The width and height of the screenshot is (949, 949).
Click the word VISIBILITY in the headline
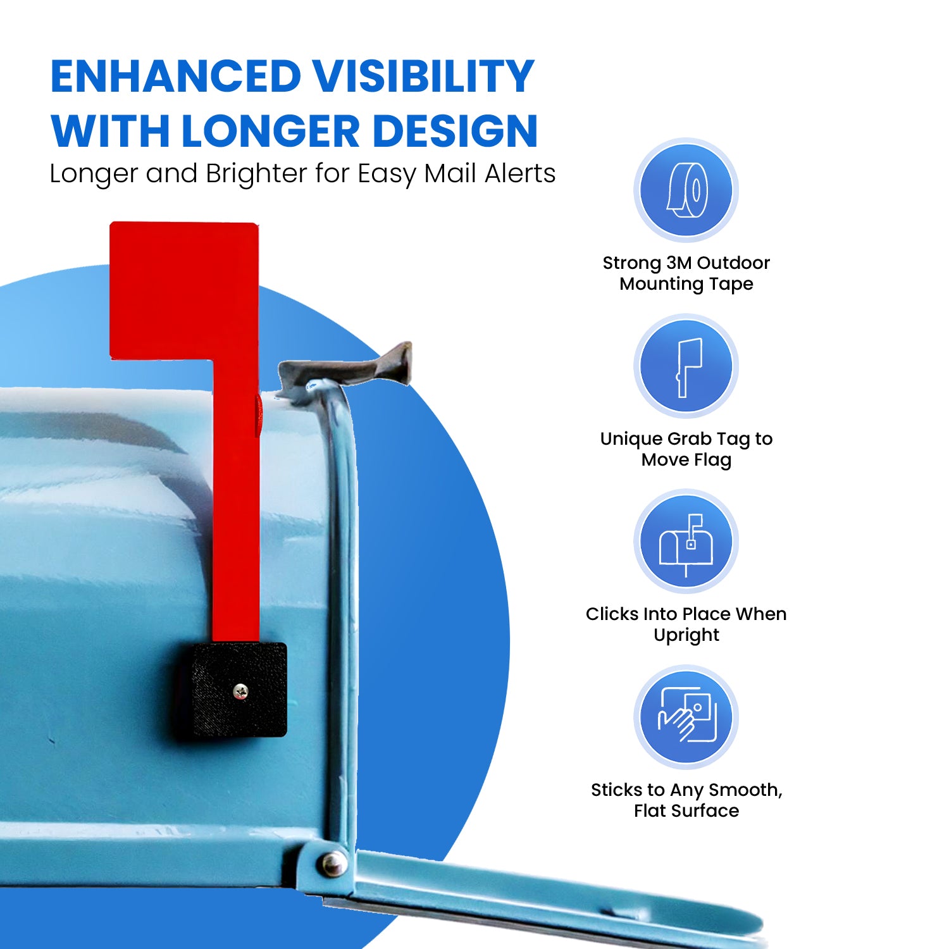[x=425, y=77]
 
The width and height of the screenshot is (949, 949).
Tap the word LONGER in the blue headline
[x=270, y=132]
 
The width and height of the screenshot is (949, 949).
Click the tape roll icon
[x=686, y=190]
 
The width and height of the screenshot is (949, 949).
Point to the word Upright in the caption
[x=686, y=635]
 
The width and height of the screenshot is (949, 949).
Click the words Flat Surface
[x=686, y=810]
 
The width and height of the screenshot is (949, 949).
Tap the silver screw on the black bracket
[x=240, y=692]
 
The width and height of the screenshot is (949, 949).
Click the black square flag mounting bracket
[x=239, y=690]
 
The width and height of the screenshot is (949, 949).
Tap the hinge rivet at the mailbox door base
[x=333, y=862]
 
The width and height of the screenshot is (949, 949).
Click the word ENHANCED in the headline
[x=176, y=77]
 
